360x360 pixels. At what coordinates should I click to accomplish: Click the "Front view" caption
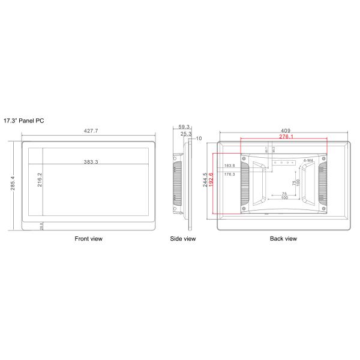(x=88, y=239)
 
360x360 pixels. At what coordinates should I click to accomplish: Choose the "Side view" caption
(x=183, y=239)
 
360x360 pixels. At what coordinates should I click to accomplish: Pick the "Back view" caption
(x=283, y=239)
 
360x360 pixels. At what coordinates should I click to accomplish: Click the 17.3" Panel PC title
(x=24, y=121)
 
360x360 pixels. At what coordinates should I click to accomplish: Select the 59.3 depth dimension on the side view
(x=184, y=127)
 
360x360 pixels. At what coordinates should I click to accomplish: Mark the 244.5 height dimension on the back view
(x=205, y=182)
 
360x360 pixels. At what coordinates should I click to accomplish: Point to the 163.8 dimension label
(x=229, y=166)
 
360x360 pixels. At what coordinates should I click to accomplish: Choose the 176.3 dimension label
(x=229, y=174)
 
